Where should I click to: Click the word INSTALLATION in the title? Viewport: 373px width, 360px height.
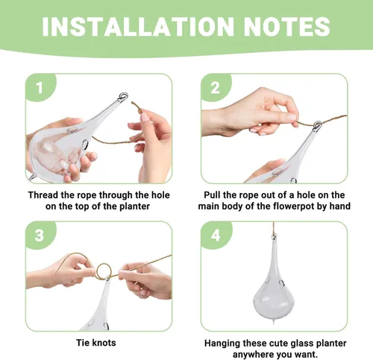coord(138,27)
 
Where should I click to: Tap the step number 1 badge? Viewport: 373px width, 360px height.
coord(40,88)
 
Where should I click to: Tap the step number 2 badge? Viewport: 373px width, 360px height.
coord(215,88)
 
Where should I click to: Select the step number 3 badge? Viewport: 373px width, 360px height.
coord(40,236)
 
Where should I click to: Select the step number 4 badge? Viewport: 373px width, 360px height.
coord(216,236)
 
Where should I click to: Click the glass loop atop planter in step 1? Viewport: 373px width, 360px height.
coord(123,96)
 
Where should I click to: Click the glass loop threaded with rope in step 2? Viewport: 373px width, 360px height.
coord(317,124)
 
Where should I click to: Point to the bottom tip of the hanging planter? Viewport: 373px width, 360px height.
coord(274,323)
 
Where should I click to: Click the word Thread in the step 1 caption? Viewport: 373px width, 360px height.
coord(43,195)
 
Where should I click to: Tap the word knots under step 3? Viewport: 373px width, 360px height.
coord(104,343)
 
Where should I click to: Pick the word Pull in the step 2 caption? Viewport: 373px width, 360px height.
coord(212,195)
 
